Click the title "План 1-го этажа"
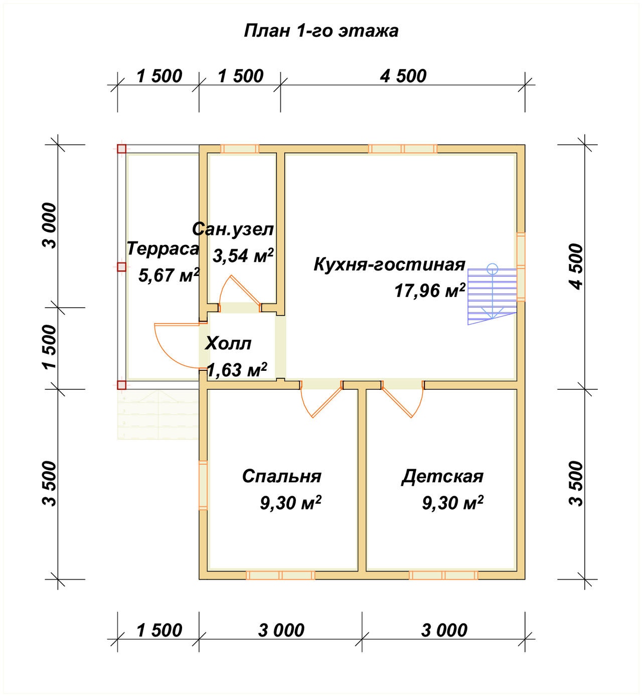coord(321,31)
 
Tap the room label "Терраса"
coord(163,249)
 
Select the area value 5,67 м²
coord(169,275)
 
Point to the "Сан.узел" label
coord(233,229)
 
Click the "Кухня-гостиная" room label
coord(389,264)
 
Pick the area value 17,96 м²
coord(430,291)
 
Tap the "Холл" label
coord(228,344)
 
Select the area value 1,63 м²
coord(237,370)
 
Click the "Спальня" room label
coord(281,476)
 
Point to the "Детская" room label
coord(442,476)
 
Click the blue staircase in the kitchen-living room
coord(492,296)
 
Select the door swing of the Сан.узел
coord(238,291)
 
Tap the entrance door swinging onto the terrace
coord(176,346)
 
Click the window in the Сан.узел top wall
coord(240,149)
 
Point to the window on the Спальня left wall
coord(203,485)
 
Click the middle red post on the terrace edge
coord(121,267)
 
